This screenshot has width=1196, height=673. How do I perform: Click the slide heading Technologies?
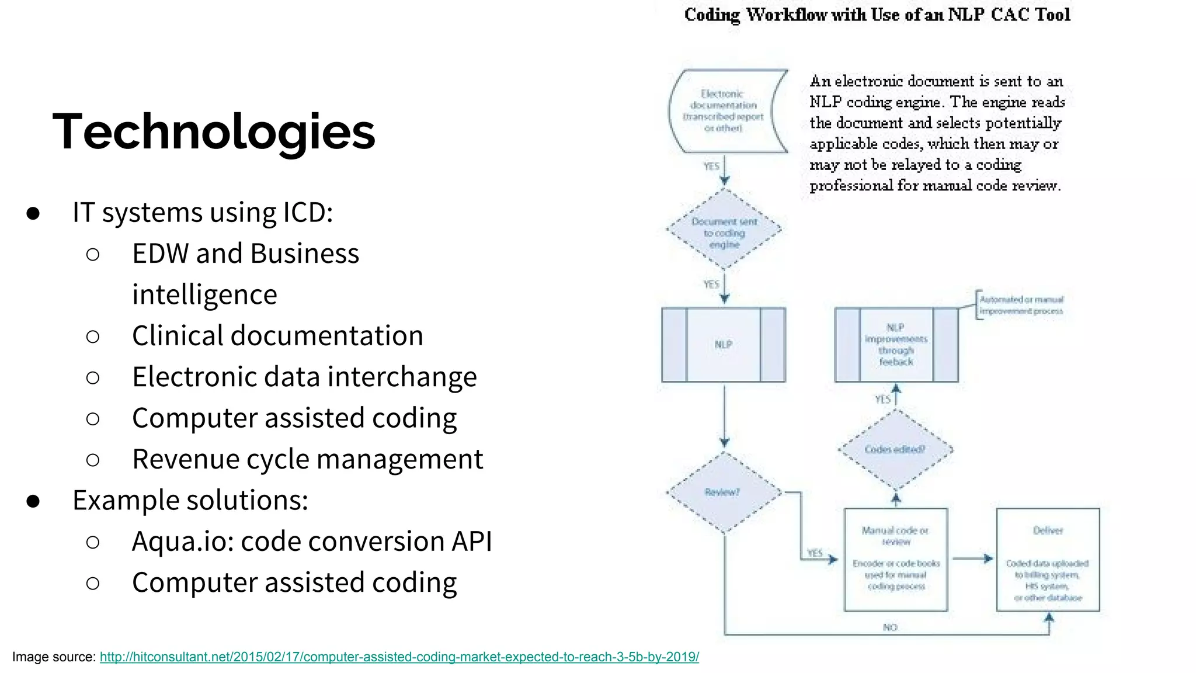pyautogui.click(x=214, y=131)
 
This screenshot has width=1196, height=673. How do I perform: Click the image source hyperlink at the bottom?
pyautogui.click(x=399, y=657)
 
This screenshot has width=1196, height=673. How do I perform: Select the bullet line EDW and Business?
pyautogui.click(x=245, y=254)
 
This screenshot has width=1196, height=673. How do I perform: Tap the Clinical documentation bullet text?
pyautogui.click(x=277, y=336)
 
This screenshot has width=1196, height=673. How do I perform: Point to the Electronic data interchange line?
pyautogui.click(x=304, y=377)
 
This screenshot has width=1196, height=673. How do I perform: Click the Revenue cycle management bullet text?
pyautogui.click(x=307, y=459)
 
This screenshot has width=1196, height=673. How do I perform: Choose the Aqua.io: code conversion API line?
pyautogui.click(x=312, y=542)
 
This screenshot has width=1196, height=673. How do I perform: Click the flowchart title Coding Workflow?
pyautogui.click(x=877, y=15)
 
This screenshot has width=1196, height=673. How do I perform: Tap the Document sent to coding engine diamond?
pyautogui.click(x=724, y=233)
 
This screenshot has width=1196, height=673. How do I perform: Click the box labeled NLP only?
pyautogui.click(x=724, y=345)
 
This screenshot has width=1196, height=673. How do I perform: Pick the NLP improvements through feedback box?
pyautogui.click(x=896, y=345)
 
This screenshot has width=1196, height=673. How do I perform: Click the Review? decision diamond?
pyautogui.click(x=723, y=492)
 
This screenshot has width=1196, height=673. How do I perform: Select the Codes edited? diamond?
pyautogui.click(x=895, y=449)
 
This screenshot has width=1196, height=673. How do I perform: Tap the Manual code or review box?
pyautogui.click(x=896, y=560)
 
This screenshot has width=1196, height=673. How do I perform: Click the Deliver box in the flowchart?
pyautogui.click(x=1048, y=560)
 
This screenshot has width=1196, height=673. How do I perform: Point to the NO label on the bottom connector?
pyautogui.click(x=890, y=627)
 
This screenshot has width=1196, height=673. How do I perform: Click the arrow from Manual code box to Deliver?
pyautogui.click(x=972, y=558)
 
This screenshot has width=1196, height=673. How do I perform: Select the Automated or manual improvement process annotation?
pyautogui.click(x=1021, y=305)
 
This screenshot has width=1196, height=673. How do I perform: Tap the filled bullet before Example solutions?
pyautogui.click(x=33, y=501)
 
